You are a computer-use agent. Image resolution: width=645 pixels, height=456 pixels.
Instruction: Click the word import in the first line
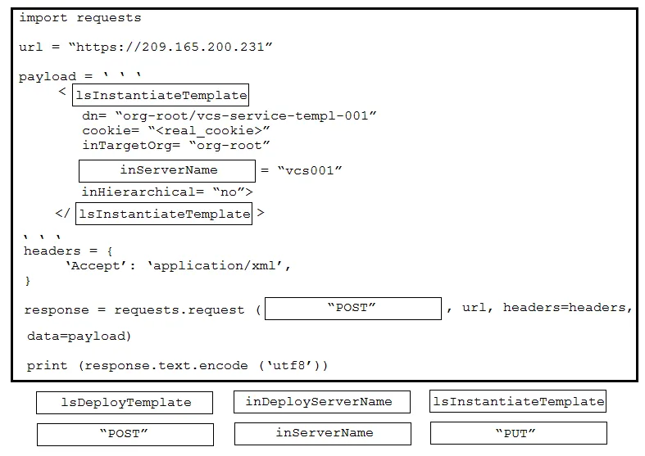43,18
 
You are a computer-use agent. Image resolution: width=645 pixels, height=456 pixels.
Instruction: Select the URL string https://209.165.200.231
170,47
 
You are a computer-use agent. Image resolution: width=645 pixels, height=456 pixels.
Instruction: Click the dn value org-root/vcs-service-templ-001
246,116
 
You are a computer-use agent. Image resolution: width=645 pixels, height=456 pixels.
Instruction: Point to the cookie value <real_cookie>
209,131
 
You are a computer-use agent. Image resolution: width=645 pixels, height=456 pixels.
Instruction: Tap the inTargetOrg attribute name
127,146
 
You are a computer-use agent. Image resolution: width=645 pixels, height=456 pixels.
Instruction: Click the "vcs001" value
310,170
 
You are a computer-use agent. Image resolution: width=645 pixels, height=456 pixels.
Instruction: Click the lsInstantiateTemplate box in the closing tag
164,214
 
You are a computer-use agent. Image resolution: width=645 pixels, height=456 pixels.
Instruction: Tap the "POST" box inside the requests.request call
353,309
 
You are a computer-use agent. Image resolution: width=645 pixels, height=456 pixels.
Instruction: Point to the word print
47,366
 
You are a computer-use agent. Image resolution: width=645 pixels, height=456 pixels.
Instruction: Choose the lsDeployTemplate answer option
125,403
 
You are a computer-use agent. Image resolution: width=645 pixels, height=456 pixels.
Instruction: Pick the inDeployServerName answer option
322,402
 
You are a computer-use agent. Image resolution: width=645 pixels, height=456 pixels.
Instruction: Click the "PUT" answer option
518,433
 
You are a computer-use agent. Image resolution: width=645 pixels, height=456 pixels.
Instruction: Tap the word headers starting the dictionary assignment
52,251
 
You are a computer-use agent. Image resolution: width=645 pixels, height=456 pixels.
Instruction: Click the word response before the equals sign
57,310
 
